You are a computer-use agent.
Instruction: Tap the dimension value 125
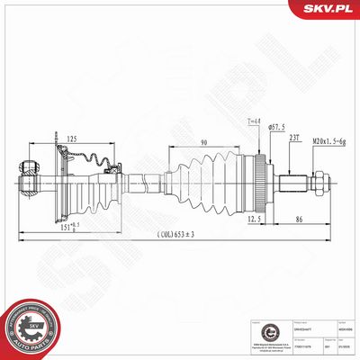(x=70, y=138)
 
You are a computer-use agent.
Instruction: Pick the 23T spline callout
(x=294, y=139)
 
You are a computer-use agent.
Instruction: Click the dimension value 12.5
(x=255, y=218)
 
